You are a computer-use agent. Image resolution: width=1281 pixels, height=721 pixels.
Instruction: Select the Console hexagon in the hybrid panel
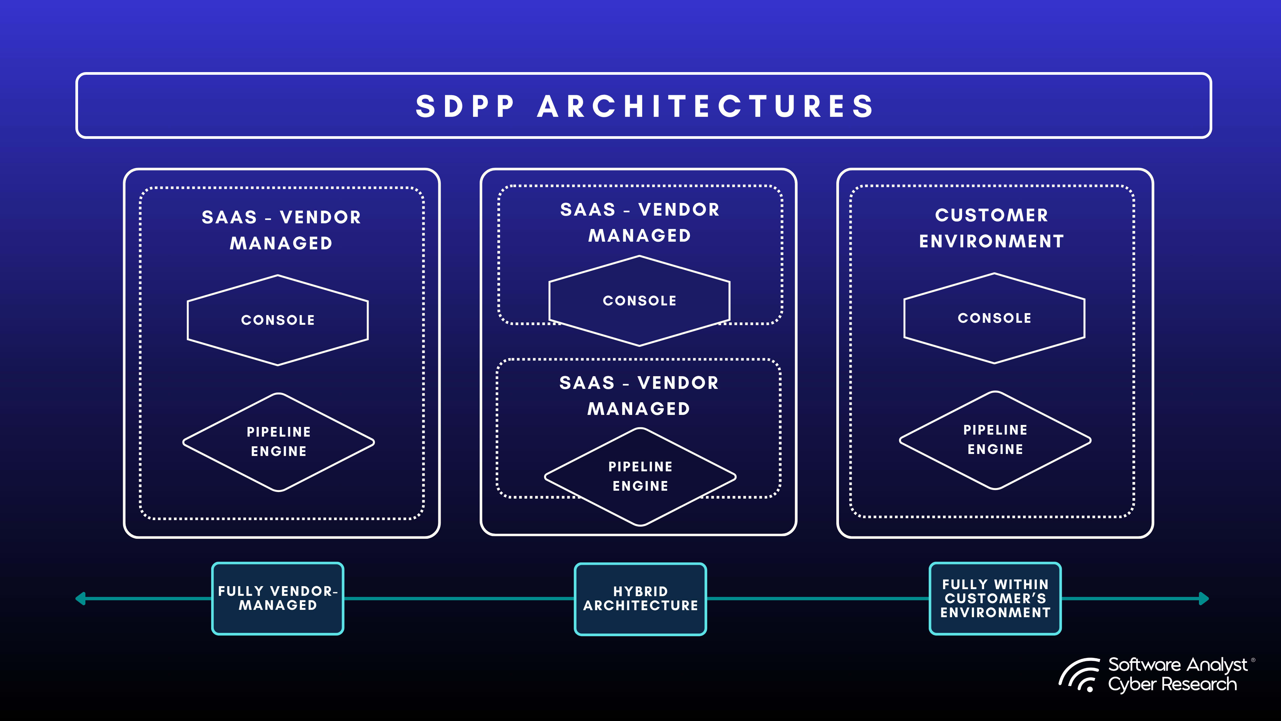pyautogui.click(x=639, y=300)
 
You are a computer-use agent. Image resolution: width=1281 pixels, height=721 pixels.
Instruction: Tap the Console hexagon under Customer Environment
pyautogui.click(x=994, y=318)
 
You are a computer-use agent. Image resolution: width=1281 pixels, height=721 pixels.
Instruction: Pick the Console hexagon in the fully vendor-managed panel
pyautogui.click(x=278, y=320)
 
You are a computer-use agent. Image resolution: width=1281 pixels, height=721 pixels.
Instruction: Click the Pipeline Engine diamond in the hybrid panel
pyautogui.click(x=640, y=476)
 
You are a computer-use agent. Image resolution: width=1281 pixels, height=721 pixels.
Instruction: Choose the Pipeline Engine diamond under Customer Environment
pyautogui.click(x=995, y=440)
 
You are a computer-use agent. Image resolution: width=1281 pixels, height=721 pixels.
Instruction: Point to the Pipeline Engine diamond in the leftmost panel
pyautogui.click(x=279, y=442)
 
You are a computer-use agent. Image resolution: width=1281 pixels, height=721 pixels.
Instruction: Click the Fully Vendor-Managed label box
pyautogui.click(x=278, y=598)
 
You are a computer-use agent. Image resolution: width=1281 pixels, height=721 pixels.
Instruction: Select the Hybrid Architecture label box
pyautogui.click(x=640, y=598)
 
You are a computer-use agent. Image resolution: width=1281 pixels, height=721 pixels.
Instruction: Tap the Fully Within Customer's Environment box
pyautogui.click(x=995, y=598)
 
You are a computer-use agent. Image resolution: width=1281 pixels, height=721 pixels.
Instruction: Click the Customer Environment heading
pyautogui.click(x=991, y=228)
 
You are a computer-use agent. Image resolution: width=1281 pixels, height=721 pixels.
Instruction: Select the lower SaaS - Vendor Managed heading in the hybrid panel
pyautogui.click(x=639, y=396)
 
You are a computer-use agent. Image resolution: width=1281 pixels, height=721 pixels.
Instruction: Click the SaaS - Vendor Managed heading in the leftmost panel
pyautogui.click(x=281, y=230)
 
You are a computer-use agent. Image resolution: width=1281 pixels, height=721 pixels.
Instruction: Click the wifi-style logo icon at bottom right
pyautogui.click(x=1079, y=675)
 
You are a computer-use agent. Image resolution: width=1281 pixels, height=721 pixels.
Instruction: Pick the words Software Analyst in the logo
pyautogui.click(x=1177, y=665)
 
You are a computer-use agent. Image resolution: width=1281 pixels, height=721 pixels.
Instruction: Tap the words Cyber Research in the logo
pyautogui.click(x=1172, y=684)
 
